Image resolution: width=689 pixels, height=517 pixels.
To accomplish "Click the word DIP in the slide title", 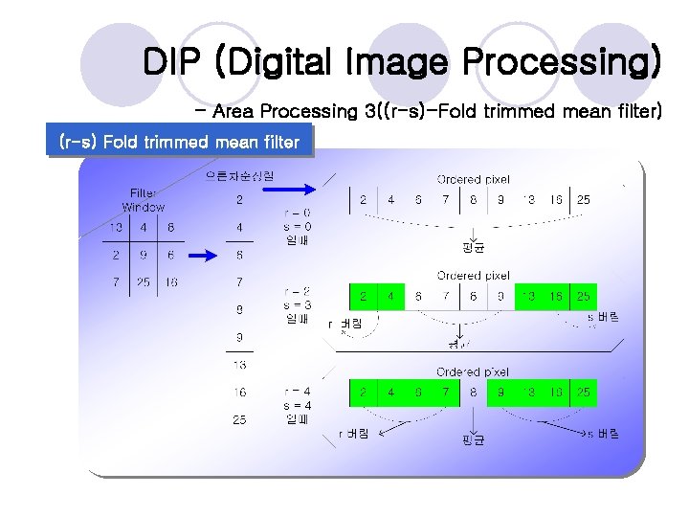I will coord(174,62).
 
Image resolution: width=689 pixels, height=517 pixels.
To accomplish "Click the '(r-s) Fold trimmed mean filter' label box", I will coord(180,143).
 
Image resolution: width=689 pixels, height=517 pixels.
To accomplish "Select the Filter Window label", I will coord(144,200).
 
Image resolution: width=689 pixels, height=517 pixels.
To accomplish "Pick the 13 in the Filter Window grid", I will coord(115,228).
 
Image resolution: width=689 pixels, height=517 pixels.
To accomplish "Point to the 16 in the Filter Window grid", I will coord(171,282).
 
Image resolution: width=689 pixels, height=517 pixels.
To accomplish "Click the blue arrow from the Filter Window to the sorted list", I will coord(203,256).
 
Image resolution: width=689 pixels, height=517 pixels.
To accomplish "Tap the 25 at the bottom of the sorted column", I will coord(239,419).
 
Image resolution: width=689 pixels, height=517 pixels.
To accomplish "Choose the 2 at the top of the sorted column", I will coord(239,200).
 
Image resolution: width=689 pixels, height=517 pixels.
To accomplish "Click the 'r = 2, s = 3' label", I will coord(297,304).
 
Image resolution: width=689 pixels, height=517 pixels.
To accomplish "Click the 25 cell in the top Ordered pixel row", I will coord(583,200).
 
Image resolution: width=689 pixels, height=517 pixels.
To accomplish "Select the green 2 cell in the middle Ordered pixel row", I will coord(363,297).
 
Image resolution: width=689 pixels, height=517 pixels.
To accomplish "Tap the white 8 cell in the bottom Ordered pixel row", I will coord(473,392).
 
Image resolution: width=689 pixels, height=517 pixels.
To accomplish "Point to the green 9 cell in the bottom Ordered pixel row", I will coord(500,392).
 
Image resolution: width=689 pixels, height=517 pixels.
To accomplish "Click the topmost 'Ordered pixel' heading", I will coord(473,179).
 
